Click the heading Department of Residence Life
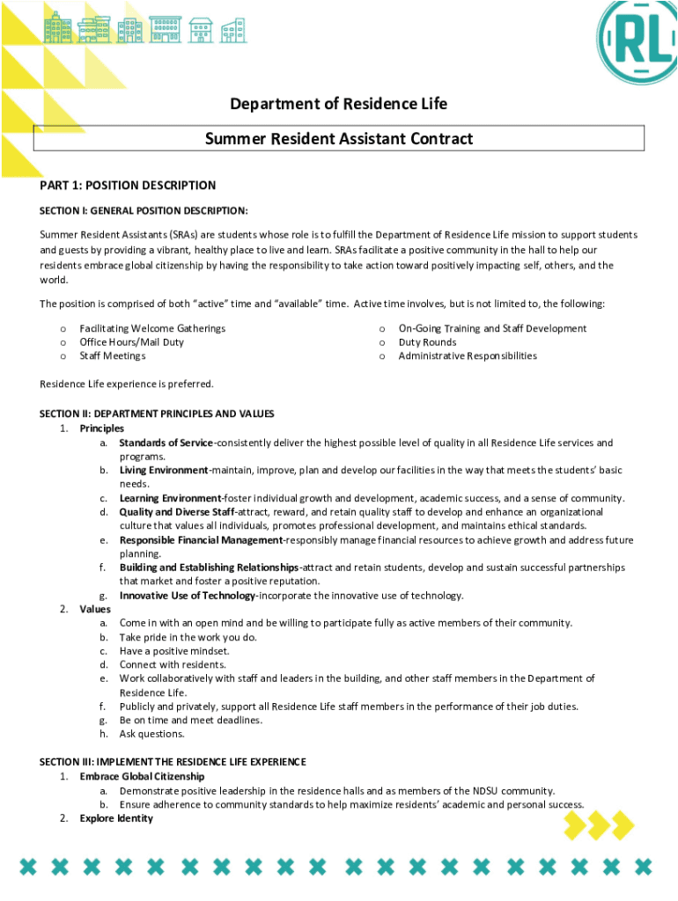(x=339, y=104)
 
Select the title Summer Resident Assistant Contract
(x=339, y=138)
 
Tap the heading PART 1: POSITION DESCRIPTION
(x=128, y=186)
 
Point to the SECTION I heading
(x=144, y=211)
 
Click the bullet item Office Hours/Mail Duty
(x=131, y=342)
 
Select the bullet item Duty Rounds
(x=427, y=342)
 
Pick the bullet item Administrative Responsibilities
(x=467, y=356)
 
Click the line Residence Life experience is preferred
(x=127, y=384)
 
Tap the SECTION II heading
(x=157, y=414)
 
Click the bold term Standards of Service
(x=166, y=443)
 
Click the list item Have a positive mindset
(x=174, y=651)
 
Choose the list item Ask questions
(x=152, y=734)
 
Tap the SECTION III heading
(x=173, y=761)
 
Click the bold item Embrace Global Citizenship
(x=142, y=777)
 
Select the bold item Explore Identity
(x=116, y=818)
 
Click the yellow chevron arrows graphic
(x=599, y=825)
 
